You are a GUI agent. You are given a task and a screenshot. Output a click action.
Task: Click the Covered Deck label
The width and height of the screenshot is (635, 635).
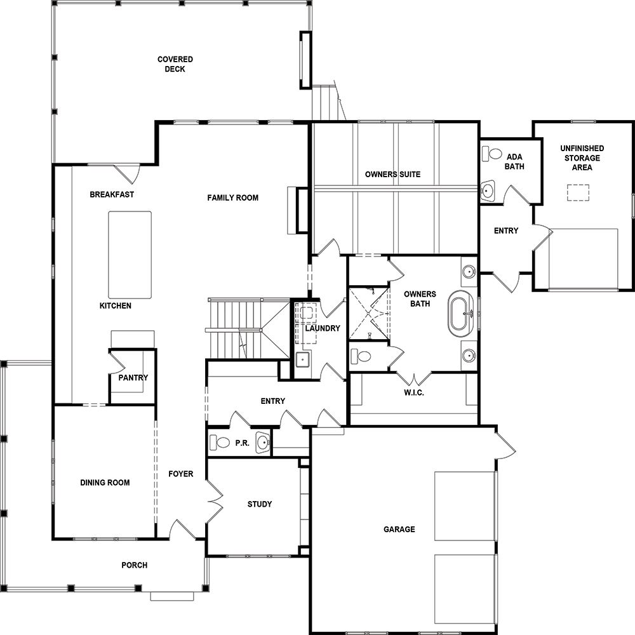tap(175, 64)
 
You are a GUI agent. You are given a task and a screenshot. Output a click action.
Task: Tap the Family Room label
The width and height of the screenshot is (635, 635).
tap(233, 197)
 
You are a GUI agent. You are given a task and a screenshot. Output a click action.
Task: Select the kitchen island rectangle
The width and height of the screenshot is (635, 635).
tap(130, 255)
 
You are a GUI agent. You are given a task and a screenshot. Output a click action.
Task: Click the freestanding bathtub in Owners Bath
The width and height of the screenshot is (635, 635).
tap(460, 314)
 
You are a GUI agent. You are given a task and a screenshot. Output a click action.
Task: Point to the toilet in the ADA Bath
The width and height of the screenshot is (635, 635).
tap(492, 154)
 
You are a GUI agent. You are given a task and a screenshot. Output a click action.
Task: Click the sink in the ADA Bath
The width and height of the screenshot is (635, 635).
tap(488, 190)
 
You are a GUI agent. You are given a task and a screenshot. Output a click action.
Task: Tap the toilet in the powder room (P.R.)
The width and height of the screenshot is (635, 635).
tap(220, 442)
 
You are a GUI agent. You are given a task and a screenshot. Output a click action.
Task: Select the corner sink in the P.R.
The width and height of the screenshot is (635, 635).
tap(263, 443)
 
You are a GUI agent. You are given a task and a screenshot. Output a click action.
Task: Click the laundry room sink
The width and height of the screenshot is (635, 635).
tap(302, 359)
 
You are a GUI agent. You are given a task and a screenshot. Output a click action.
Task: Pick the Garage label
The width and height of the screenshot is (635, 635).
tap(399, 529)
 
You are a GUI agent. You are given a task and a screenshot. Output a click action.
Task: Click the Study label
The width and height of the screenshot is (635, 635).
tap(260, 504)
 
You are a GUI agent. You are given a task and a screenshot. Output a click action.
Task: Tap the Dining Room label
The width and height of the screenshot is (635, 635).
tap(105, 483)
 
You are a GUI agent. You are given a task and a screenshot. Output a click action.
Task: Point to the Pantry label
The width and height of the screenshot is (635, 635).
tap(133, 377)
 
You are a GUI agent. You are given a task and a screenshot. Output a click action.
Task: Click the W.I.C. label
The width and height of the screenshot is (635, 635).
tap(414, 392)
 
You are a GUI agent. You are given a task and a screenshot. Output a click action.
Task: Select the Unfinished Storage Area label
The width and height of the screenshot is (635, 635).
tap(582, 157)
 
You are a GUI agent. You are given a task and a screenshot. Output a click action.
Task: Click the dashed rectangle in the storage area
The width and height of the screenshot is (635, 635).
tap(578, 193)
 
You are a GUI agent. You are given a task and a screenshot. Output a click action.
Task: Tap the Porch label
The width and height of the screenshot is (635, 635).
tap(135, 565)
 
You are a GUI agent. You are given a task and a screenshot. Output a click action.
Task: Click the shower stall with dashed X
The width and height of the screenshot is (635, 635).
tap(369, 314)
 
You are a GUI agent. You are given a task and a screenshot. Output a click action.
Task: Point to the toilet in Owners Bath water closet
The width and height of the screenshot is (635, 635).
tap(361, 356)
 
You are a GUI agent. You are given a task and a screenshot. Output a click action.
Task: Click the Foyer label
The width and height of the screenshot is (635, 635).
tap(180, 474)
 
